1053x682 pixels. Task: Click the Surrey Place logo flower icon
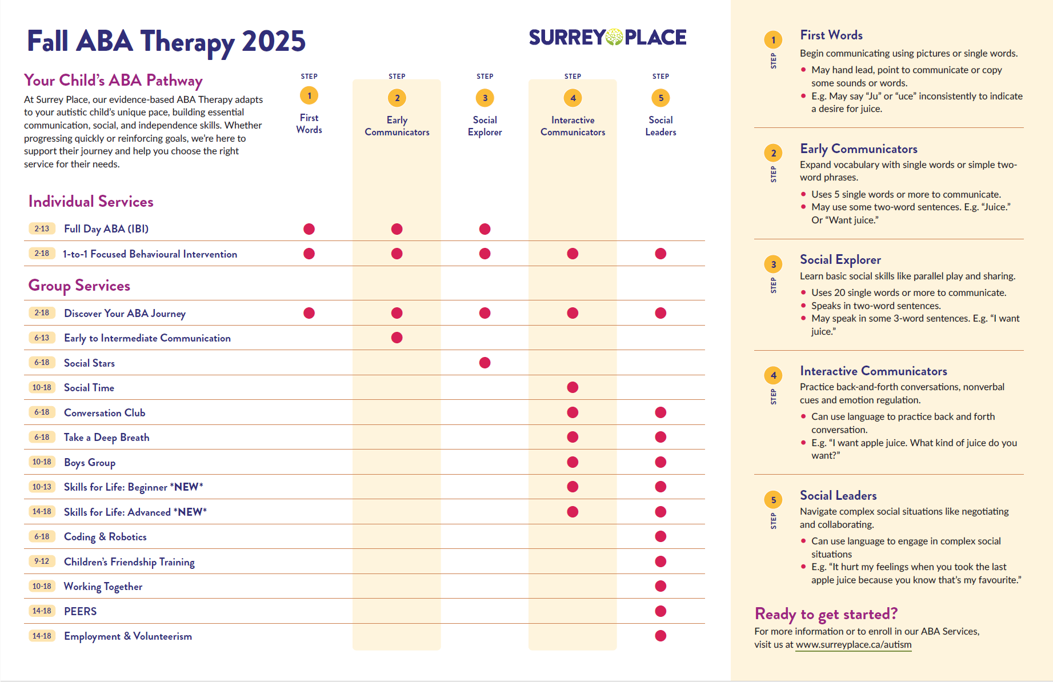pos(614,37)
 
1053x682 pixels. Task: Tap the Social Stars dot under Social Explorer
pos(485,363)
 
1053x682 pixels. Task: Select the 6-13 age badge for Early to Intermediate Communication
pos(42,338)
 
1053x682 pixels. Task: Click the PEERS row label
pos(81,611)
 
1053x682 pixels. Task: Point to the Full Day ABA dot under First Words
pos(309,229)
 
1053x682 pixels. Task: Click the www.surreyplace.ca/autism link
pos(854,645)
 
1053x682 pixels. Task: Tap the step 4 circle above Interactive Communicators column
pos(573,98)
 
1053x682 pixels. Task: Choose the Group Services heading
pos(79,286)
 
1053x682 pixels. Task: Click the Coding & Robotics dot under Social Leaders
pos(661,536)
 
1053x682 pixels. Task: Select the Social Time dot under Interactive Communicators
pos(573,387)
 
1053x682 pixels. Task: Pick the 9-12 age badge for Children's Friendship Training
pos(42,561)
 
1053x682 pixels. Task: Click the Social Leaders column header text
pos(661,126)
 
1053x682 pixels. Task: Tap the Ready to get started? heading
pos(826,614)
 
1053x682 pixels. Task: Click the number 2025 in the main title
pos(274,41)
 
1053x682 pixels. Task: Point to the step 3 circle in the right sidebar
pos(774,264)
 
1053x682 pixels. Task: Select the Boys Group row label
pos(90,463)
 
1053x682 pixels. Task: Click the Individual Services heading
pos(91,202)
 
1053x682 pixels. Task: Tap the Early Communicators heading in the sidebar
pos(859,149)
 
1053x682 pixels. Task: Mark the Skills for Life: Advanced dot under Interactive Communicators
pos(573,512)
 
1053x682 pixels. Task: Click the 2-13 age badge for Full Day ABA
pos(42,228)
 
